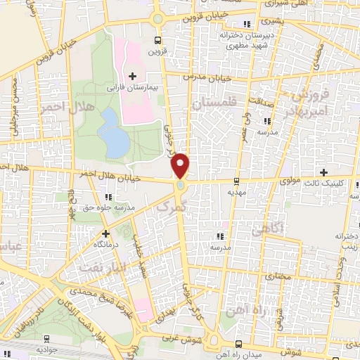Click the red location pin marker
point(181,165)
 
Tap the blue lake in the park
point(115,134)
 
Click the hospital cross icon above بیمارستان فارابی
point(132,75)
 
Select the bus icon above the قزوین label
point(157,40)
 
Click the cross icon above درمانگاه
point(106,233)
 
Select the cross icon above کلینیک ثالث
point(323,172)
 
